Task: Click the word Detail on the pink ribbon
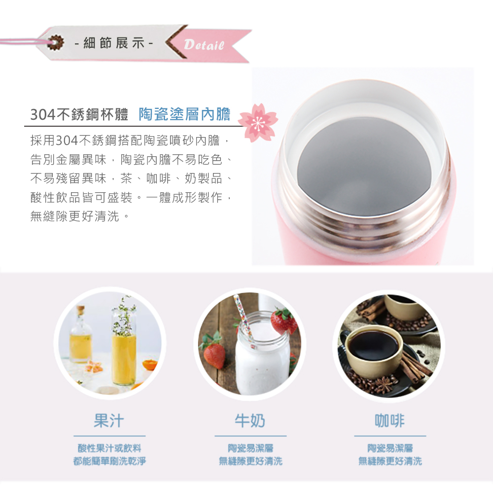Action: (204, 45)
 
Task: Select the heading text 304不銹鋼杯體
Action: (79, 114)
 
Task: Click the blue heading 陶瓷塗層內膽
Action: (184, 114)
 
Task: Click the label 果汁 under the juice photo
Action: (109, 421)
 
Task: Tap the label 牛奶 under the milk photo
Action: (250, 421)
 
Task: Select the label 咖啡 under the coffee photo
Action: (389, 421)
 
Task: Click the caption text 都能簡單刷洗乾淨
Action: (109, 461)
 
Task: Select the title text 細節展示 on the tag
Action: (113, 43)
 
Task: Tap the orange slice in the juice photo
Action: (150, 366)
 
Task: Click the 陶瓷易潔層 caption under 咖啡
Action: (390, 448)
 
